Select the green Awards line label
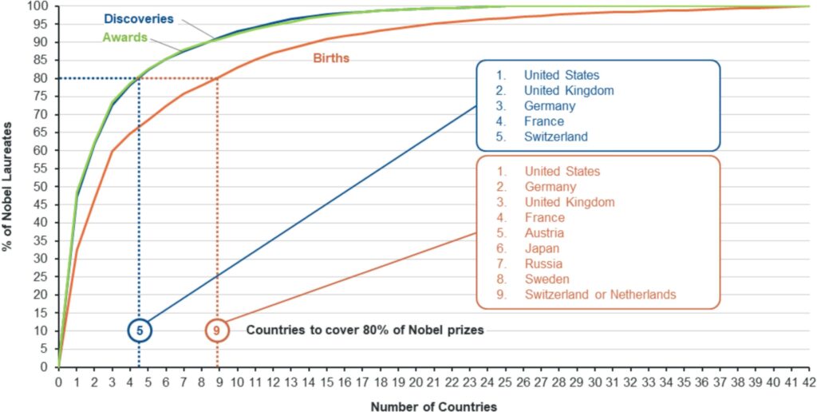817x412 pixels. [124, 37]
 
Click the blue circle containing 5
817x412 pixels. [140, 330]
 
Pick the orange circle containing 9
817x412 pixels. [217, 330]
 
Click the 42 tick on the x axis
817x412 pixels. [809, 382]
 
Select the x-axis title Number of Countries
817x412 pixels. [433, 406]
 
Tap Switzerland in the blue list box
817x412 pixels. [555, 137]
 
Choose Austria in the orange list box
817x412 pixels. [544, 233]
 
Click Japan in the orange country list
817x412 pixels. [543, 248]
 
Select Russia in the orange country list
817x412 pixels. [543, 263]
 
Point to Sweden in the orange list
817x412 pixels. [547, 279]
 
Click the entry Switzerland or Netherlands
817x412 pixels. [600, 295]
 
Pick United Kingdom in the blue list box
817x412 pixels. [569, 90]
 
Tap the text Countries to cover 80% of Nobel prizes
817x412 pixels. [365, 330]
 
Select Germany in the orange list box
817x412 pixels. [550, 187]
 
